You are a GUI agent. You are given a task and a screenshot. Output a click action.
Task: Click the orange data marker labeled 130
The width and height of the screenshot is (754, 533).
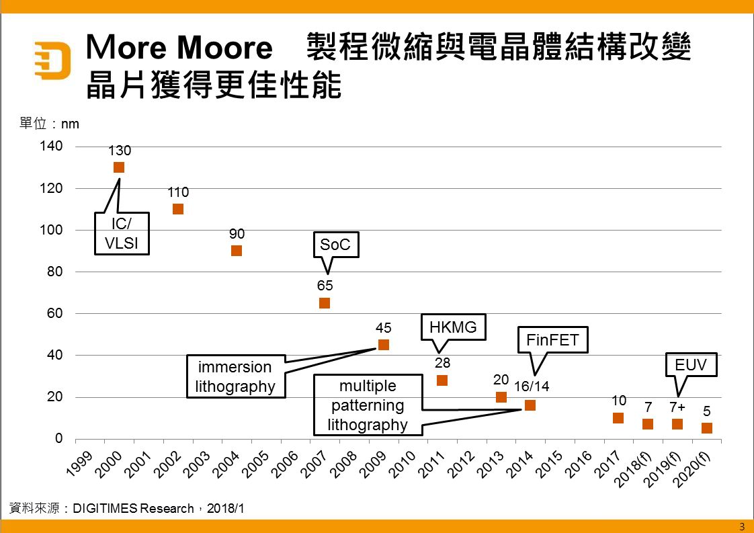pyautogui.click(x=119, y=167)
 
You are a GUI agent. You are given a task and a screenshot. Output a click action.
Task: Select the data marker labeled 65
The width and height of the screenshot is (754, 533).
pyautogui.click(x=325, y=303)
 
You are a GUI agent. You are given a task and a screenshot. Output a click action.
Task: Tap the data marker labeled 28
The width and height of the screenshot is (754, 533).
pyautogui.click(x=442, y=380)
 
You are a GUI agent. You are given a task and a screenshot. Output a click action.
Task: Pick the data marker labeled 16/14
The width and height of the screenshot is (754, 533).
pyautogui.click(x=530, y=405)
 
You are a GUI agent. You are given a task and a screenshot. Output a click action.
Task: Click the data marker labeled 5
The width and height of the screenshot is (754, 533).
pyautogui.click(x=707, y=428)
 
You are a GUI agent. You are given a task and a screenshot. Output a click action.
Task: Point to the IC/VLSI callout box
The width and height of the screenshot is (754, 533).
pyautogui.click(x=122, y=233)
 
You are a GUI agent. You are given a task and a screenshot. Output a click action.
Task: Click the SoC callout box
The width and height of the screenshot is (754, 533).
pyautogui.click(x=335, y=245)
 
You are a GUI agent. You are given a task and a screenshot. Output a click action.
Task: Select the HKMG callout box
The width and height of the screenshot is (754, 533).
pyautogui.click(x=452, y=327)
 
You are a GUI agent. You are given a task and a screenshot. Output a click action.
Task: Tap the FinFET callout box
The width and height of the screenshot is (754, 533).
pyautogui.click(x=552, y=340)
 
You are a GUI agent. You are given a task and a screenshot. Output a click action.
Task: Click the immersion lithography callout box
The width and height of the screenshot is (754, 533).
pyautogui.click(x=235, y=376)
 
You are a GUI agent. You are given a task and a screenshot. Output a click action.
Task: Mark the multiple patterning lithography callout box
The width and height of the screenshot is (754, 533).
pyautogui.click(x=368, y=405)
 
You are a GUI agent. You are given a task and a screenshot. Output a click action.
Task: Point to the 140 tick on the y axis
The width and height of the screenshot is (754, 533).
pyautogui.click(x=51, y=147)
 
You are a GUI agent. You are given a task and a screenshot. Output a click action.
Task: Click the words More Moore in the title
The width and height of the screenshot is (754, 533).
pyautogui.click(x=179, y=48)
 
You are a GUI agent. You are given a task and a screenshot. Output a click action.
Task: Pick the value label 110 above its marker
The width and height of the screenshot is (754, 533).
pyautogui.click(x=178, y=193)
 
